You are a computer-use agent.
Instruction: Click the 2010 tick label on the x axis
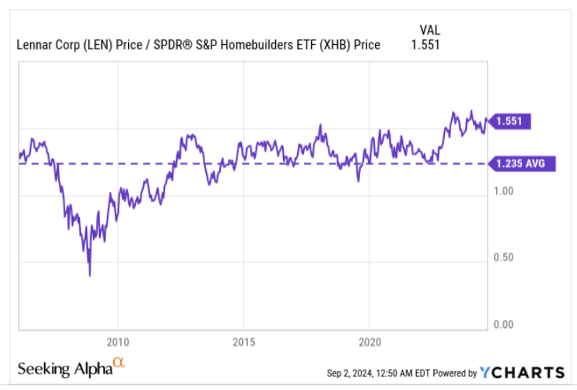click(117, 342)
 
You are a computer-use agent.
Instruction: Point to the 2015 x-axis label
click(244, 342)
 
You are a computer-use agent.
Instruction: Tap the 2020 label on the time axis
click(369, 342)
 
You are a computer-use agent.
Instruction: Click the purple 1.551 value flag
click(512, 121)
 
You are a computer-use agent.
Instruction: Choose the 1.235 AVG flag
click(522, 164)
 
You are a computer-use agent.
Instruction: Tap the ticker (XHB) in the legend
click(329, 45)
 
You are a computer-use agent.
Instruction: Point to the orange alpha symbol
click(118, 362)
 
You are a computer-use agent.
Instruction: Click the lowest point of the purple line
click(90, 275)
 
